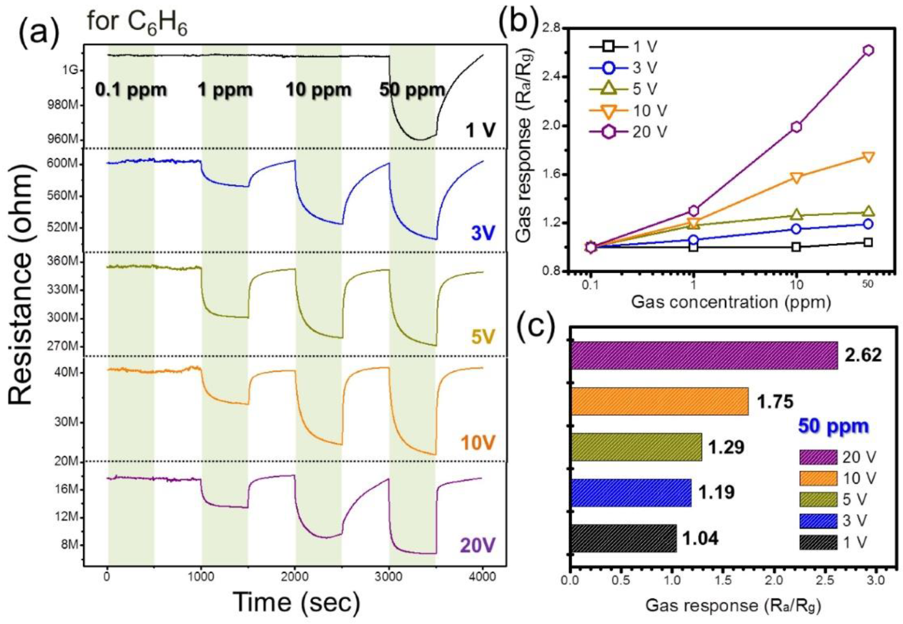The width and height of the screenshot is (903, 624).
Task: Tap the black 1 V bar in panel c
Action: point(624,538)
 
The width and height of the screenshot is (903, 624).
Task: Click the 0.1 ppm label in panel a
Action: point(131,90)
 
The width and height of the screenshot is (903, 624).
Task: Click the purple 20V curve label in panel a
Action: point(477,545)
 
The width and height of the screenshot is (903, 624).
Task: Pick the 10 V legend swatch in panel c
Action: point(818,478)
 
